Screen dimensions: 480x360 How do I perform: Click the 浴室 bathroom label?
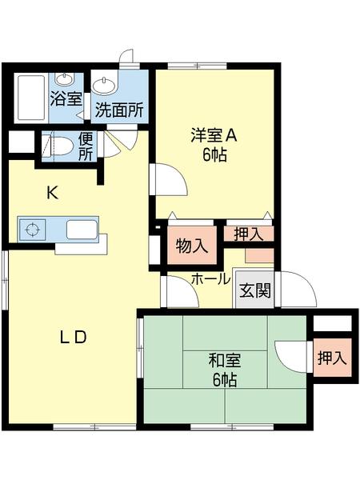(x=66, y=100)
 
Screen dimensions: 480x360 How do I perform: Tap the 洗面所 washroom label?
(x=119, y=110)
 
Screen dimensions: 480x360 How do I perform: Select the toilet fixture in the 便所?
(x=58, y=146)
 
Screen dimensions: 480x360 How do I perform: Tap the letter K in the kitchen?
(x=52, y=193)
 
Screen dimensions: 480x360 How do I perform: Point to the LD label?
(x=73, y=338)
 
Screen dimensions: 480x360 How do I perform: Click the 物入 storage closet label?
(x=190, y=246)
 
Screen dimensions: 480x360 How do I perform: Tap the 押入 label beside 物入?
(x=248, y=234)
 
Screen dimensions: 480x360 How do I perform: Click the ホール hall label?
(x=210, y=279)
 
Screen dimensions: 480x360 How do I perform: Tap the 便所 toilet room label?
(x=85, y=146)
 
